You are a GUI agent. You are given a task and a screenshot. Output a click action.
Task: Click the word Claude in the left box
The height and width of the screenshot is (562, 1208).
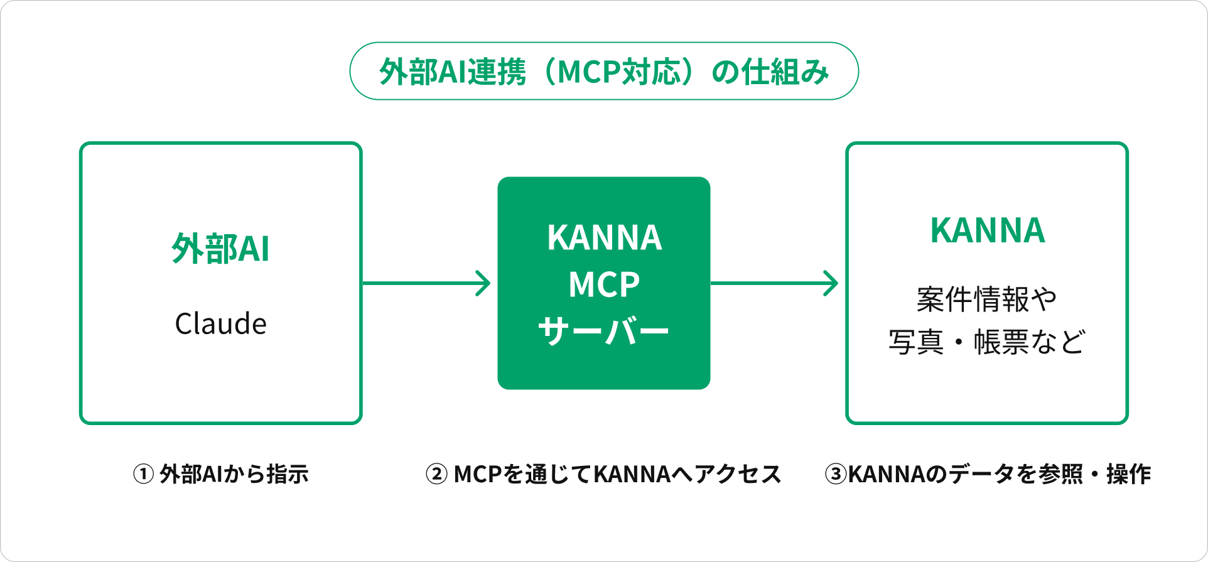[x=221, y=323]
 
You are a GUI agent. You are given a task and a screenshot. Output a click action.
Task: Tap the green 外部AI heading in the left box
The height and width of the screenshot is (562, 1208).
[x=221, y=248]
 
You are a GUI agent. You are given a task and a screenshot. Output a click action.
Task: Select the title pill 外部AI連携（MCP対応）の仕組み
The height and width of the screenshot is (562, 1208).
[x=604, y=71]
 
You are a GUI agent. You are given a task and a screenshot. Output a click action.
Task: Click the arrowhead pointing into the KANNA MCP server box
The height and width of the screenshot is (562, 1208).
[x=483, y=283]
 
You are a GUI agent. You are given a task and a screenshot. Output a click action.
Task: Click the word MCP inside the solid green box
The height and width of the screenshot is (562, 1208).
[x=604, y=284]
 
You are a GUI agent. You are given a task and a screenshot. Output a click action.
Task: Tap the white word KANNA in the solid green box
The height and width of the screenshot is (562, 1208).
[x=605, y=237]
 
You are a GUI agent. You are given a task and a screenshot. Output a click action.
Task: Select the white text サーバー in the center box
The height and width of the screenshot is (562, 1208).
[x=604, y=331]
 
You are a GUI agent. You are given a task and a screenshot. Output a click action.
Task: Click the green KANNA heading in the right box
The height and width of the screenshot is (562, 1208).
[x=988, y=230]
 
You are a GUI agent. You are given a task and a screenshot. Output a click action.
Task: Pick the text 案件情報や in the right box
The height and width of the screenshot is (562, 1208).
[x=987, y=299]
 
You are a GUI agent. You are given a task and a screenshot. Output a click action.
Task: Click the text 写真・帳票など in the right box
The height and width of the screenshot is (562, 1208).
[x=987, y=342]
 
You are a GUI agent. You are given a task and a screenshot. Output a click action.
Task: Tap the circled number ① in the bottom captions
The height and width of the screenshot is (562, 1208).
[x=143, y=474]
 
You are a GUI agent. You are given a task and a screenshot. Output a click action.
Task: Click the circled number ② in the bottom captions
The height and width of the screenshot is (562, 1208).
[x=436, y=474]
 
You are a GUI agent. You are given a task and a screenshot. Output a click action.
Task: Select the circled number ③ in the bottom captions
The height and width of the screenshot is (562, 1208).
[x=836, y=474]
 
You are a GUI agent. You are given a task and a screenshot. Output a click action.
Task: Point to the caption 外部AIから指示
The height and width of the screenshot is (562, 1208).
[x=234, y=474]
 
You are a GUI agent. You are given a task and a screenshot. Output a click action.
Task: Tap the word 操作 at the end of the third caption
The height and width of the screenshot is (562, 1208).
[x=1129, y=474]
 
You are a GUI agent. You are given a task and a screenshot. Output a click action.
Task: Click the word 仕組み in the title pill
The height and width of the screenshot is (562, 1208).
[x=785, y=72]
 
